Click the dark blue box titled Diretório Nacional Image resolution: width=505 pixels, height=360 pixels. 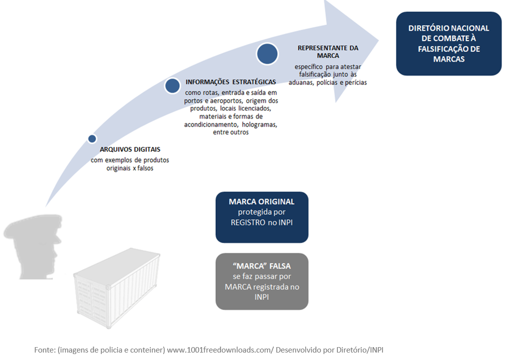(x=448, y=44)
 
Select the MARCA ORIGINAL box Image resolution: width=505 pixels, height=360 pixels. (x=262, y=217)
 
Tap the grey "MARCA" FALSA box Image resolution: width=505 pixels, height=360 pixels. (x=262, y=281)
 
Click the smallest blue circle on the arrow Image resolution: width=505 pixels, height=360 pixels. (x=92, y=139)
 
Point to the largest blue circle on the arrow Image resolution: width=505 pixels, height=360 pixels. (x=267, y=54)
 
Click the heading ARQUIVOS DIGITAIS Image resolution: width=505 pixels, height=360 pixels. (x=130, y=149)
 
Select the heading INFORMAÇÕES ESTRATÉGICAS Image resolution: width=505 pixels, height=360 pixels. (x=231, y=82)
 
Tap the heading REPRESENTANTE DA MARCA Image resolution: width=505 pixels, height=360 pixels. (x=328, y=52)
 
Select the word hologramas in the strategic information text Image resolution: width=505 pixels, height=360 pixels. (x=259, y=125)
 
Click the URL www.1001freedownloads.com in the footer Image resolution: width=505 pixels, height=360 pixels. (x=219, y=350)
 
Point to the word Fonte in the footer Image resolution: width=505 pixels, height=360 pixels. (x=45, y=350)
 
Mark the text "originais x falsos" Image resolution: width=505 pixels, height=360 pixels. (x=130, y=168)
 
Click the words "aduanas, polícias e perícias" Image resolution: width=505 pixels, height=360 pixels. (x=327, y=82)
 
